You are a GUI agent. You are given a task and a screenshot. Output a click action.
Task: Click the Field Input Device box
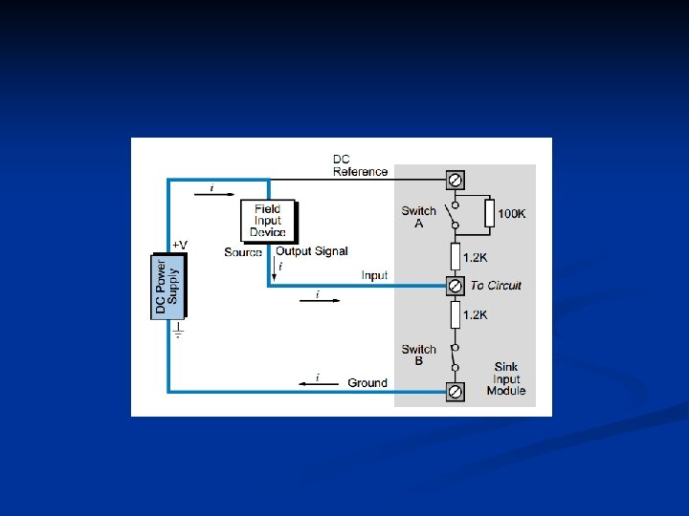coord(268,221)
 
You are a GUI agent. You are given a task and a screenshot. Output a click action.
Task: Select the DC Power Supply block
coord(167,284)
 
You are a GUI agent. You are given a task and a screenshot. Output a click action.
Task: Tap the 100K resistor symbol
coord(489,213)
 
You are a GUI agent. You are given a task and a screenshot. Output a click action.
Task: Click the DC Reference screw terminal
coord(456,180)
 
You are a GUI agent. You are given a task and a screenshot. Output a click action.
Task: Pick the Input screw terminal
coord(456,285)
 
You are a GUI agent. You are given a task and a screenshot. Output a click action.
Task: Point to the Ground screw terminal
coord(456,391)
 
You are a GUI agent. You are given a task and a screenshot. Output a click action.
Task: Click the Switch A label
coord(418,217)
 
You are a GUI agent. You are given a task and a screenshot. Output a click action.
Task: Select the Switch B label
coord(418,355)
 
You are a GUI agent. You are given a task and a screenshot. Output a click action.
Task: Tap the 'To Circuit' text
coord(496,286)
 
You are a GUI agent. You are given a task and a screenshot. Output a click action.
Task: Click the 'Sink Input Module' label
coord(506,378)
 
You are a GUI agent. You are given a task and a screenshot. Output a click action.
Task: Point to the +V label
coord(180,246)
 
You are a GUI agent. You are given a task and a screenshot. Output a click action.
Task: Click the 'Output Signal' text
coord(312,251)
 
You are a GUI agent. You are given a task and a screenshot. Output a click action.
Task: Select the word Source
coord(243,252)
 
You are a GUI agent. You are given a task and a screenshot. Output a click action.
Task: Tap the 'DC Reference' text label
coord(360,165)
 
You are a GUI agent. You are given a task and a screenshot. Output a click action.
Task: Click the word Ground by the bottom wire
coord(367,383)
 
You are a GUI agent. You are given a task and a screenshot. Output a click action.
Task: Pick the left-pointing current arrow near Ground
coord(317,383)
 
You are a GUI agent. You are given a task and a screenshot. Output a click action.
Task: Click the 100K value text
coord(511,213)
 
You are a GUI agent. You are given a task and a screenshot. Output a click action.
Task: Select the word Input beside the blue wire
coord(374,276)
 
